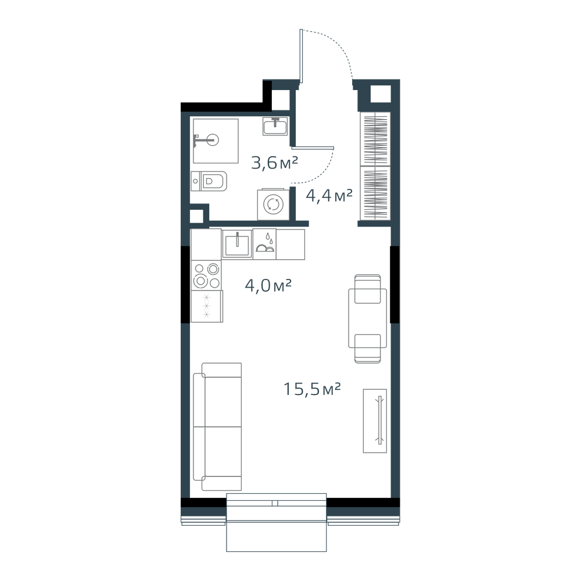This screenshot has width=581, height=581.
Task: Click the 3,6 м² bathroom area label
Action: [275, 163]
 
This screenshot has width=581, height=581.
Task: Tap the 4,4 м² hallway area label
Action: [329, 196]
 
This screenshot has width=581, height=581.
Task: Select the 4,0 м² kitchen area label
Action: [268, 286]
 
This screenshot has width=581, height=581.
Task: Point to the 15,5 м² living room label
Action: [312, 389]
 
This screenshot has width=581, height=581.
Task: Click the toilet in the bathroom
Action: [209, 181]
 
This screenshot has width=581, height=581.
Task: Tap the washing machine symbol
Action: [273, 205]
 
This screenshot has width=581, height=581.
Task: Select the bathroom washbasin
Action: [275, 126]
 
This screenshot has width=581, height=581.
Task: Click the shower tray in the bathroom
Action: [216, 141]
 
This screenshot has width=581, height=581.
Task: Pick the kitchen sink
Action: [237, 244]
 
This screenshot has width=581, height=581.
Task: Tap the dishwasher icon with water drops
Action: [264, 244]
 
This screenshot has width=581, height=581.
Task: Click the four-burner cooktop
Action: [207, 275]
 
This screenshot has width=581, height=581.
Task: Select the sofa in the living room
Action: [217, 427]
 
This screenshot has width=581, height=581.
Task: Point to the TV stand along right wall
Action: [375, 421]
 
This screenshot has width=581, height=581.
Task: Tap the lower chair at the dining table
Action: [368, 349]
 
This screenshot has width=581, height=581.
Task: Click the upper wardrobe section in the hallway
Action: [375, 139]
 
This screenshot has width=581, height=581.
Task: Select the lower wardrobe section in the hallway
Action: [375, 193]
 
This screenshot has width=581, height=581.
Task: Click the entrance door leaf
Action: [302, 56]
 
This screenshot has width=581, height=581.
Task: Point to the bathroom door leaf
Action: [313, 148]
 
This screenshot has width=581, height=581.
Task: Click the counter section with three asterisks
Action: [207, 306]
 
